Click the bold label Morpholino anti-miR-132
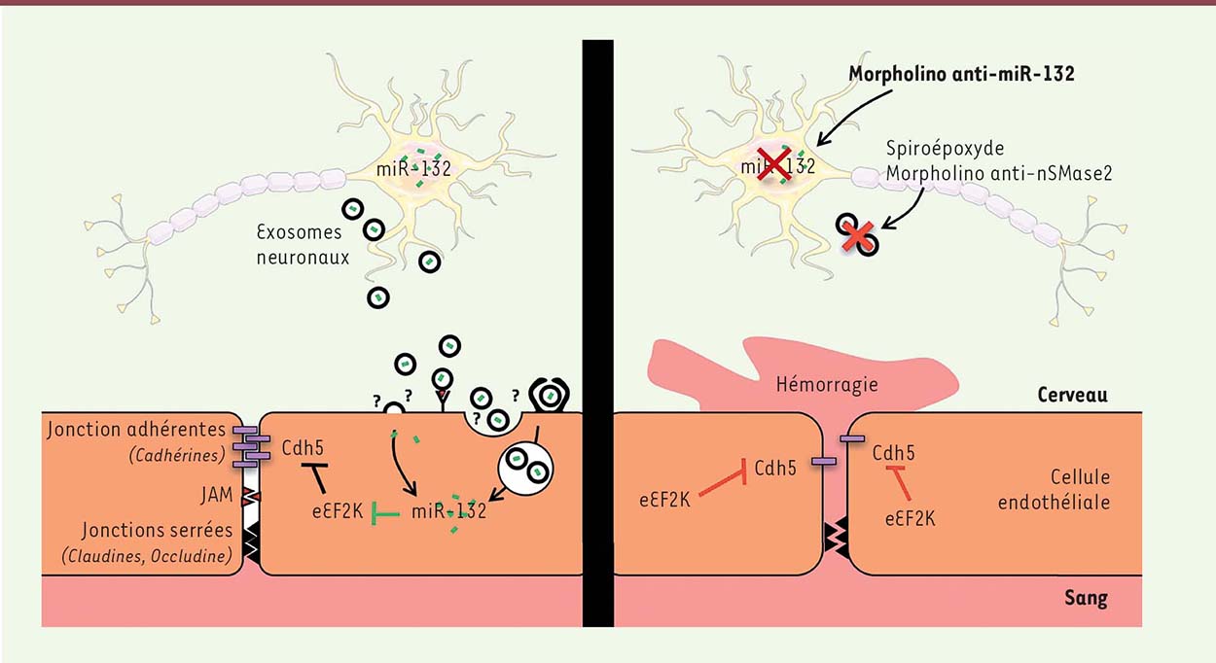click(x=961, y=73)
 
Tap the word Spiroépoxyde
click(x=946, y=149)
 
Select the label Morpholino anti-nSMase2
click(x=999, y=173)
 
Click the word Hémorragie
click(x=827, y=384)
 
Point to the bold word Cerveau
click(x=1072, y=395)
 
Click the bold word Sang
click(x=1086, y=598)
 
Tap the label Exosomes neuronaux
click(x=303, y=245)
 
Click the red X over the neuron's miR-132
click(x=773, y=164)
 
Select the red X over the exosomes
click(x=858, y=237)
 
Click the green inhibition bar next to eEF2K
click(x=385, y=513)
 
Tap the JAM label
click(x=217, y=495)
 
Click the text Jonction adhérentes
click(x=136, y=430)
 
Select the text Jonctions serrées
click(x=157, y=530)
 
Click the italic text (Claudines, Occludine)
click(x=147, y=556)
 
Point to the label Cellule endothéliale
click(x=1054, y=489)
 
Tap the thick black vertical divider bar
click(x=597, y=333)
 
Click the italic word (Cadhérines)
click(x=177, y=455)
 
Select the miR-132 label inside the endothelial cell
click(x=448, y=511)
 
